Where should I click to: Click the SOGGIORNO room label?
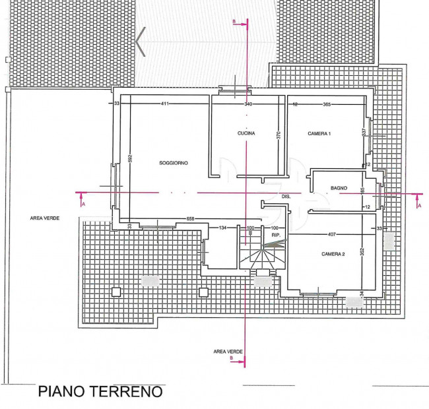pyautogui.click(x=174, y=162)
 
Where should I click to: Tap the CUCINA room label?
pyautogui.click(x=246, y=134)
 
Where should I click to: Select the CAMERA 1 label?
pyautogui.click(x=319, y=134)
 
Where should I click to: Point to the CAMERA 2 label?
pyautogui.click(x=333, y=254)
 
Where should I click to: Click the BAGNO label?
pyautogui.click(x=339, y=189)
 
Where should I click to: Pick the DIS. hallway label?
pyautogui.click(x=286, y=197)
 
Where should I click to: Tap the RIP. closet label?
pyautogui.click(x=276, y=235)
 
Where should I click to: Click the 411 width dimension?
pyautogui.click(x=165, y=104)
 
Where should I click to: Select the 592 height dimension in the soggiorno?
pyautogui.click(x=131, y=158)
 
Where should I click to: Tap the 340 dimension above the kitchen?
pyautogui.click(x=248, y=104)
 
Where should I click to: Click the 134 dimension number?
pyautogui.click(x=222, y=228)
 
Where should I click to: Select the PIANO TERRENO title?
pyautogui.click(x=100, y=392)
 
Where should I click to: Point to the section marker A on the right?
pyautogui.click(x=418, y=205)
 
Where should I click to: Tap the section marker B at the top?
pyautogui.click(x=234, y=22)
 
